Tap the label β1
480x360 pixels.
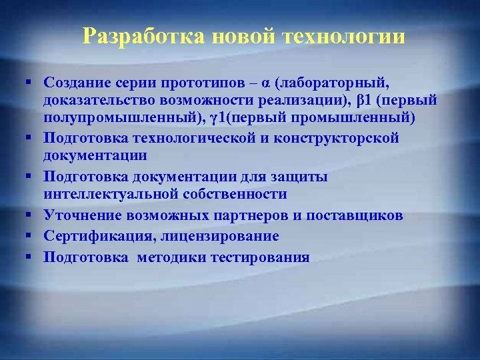pyautogui.click(x=364, y=100)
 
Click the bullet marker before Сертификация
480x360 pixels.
pyautogui.click(x=31, y=237)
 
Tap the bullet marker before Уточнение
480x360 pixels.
pyautogui.click(x=31, y=216)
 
